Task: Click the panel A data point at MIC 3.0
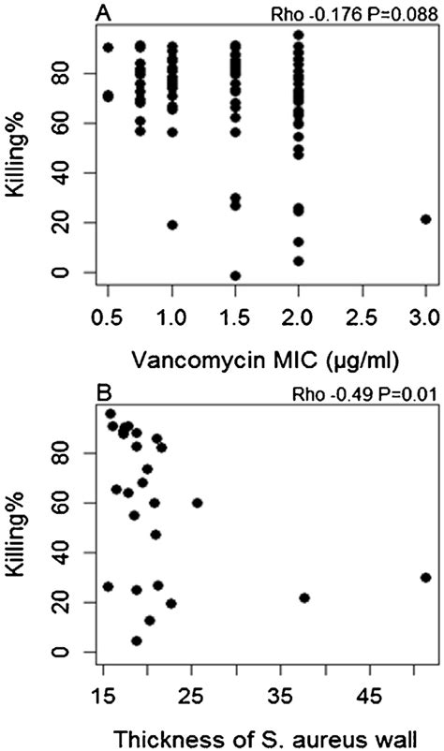tap(425, 219)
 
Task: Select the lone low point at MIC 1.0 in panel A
tap(172, 225)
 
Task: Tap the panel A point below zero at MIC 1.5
tap(235, 275)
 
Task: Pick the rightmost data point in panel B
tap(425, 578)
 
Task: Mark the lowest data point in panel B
tap(137, 641)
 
